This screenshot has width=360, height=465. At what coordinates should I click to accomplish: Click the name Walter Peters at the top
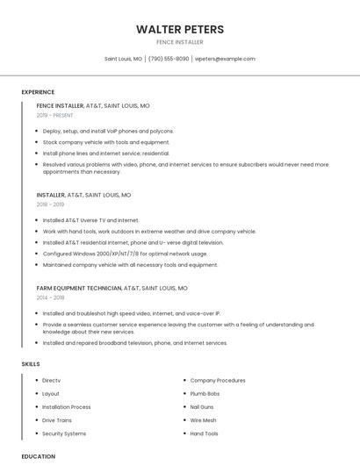tap(179, 29)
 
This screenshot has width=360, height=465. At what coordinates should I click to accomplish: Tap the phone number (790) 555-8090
tap(169, 59)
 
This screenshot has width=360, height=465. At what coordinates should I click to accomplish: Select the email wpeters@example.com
tap(225, 59)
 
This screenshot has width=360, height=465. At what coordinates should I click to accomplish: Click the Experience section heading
tap(38, 92)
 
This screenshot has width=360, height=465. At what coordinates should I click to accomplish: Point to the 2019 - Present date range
tap(55, 115)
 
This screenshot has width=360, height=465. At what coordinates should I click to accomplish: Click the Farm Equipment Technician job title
tap(79, 288)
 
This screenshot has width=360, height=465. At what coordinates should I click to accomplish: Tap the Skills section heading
tap(31, 363)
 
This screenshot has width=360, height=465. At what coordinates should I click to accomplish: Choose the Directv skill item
tap(51, 381)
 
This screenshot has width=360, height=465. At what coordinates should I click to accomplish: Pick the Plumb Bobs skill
tap(205, 394)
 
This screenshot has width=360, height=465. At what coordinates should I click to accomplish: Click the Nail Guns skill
tap(203, 407)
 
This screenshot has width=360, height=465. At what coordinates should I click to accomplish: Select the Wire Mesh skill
tap(203, 420)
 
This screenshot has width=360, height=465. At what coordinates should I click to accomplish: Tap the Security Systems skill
tap(64, 433)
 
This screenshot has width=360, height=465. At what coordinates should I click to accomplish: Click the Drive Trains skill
tap(58, 420)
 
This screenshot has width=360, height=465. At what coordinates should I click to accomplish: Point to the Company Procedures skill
tap(218, 381)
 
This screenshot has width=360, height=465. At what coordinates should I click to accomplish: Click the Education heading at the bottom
tap(38, 456)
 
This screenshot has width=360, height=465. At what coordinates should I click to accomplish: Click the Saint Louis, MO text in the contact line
tap(123, 59)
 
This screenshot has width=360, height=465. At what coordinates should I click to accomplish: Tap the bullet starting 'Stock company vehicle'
tap(105, 142)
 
